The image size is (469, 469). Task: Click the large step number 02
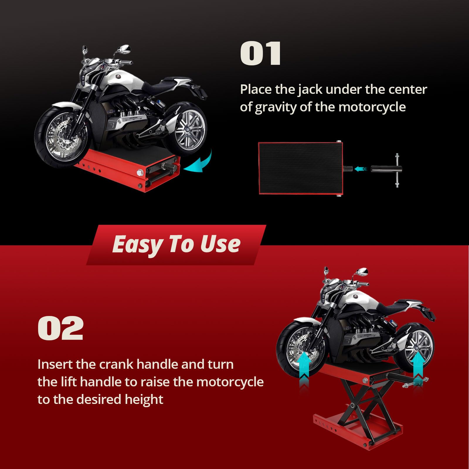[x=61, y=328]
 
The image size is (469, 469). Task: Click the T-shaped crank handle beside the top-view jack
[x=387, y=170]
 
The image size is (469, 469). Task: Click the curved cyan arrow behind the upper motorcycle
[x=202, y=164]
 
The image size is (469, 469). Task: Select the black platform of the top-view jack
[x=300, y=168]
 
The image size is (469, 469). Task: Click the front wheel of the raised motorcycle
[x=302, y=346]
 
